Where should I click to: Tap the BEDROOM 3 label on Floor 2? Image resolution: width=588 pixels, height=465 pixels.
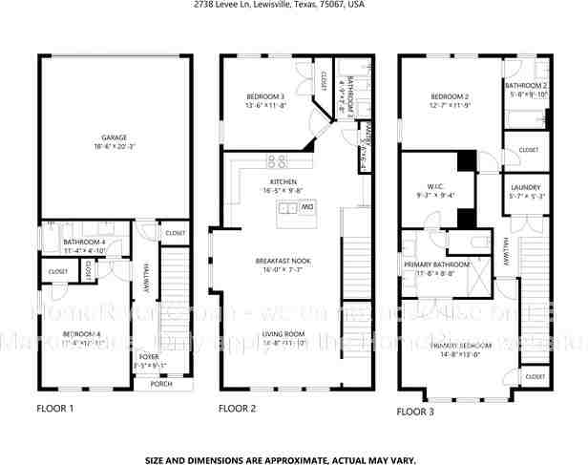(267, 95)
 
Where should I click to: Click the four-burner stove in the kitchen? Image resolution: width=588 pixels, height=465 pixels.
(278, 160)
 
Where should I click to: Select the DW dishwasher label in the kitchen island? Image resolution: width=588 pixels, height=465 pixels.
(308, 206)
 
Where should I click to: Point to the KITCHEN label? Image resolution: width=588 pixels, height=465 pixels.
(283, 180)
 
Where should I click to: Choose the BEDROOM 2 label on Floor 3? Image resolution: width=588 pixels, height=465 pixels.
(448, 97)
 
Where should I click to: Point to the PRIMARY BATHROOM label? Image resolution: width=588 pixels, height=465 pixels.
(436, 264)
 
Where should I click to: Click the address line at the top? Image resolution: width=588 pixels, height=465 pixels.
(293, 5)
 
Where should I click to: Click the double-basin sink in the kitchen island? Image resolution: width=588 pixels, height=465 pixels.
(288, 207)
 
